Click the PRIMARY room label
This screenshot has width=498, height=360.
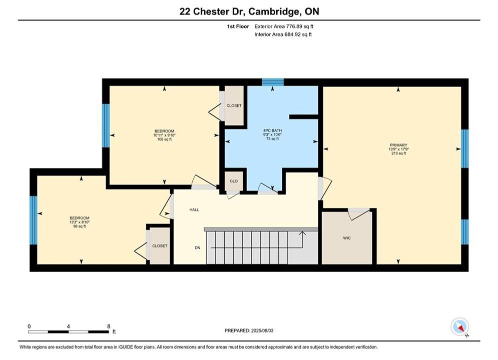pyautogui.click(x=398, y=145)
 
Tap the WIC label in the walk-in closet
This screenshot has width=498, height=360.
pyautogui.click(x=347, y=238)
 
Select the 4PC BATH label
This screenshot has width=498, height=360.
pyautogui.click(x=272, y=130)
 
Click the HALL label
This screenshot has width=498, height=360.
pyautogui.click(x=194, y=209)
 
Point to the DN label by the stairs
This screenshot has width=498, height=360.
pyautogui.click(x=198, y=247)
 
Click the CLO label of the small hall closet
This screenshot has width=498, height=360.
pyautogui.click(x=234, y=181)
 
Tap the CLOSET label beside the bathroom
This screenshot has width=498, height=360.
pyautogui.click(x=234, y=105)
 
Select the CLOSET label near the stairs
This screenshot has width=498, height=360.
pyautogui.click(x=160, y=246)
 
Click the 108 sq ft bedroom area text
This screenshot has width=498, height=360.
pyautogui.click(x=164, y=139)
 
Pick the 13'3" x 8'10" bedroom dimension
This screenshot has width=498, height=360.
pyautogui.click(x=80, y=222)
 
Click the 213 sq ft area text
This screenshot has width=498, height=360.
pyautogui.click(x=398, y=153)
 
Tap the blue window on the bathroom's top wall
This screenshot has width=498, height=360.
pyautogui.click(x=272, y=82)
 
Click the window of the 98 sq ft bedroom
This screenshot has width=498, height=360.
pyautogui.click(x=34, y=220)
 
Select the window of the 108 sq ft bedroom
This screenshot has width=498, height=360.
pyautogui.click(x=106, y=125)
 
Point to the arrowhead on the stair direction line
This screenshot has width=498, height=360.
pyautogui.click(x=302, y=233)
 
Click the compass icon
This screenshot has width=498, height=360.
pyautogui.click(x=460, y=326)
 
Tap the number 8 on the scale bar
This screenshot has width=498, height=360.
pyautogui.click(x=109, y=326)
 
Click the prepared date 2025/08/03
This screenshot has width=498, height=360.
pyautogui.click(x=262, y=330)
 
